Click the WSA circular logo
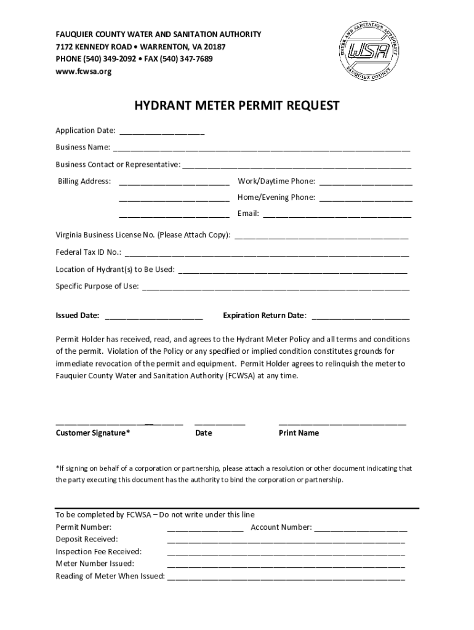(369, 53)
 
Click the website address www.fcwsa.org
(84, 71)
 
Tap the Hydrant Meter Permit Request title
(237, 106)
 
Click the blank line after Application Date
(162, 132)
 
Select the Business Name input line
(261, 149)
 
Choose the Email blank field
(337, 215)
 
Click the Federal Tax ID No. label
(89, 252)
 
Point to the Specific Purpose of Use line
(276, 287)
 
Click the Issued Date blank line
(154, 317)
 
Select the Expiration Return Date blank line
(361, 317)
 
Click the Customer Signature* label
(93, 433)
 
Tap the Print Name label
(299, 433)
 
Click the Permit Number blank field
(205, 529)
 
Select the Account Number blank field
(361, 529)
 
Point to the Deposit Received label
(87, 540)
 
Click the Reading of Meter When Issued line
(286, 578)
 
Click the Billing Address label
(84, 181)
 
